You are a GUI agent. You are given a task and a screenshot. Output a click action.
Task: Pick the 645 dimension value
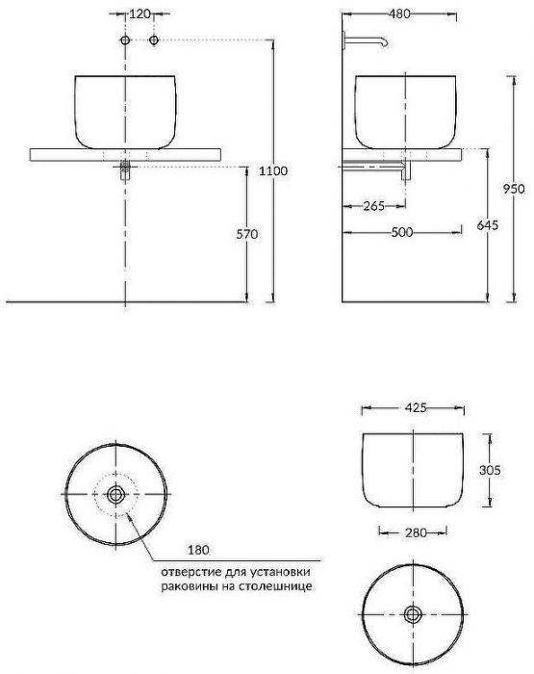click(x=489, y=226)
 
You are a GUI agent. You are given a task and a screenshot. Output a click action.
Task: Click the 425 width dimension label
click(x=414, y=407)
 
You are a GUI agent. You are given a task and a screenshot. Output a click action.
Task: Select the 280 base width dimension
click(x=414, y=531)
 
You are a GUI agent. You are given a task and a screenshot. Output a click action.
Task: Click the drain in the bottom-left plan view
click(x=116, y=494)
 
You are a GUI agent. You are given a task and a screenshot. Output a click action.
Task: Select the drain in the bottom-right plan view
click(x=414, y=613)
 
